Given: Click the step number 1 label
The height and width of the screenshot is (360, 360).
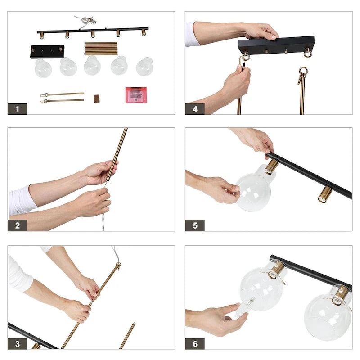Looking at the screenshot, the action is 17,109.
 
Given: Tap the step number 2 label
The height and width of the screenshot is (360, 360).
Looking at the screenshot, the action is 17,225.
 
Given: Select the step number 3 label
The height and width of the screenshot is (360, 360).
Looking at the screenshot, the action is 17,344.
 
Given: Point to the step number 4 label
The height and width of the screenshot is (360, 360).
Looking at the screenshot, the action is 195,109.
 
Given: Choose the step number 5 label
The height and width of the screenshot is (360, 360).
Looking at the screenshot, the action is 195,225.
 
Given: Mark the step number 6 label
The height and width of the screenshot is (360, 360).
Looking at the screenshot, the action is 195,344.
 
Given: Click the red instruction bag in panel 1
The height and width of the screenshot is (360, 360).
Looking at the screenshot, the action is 136,95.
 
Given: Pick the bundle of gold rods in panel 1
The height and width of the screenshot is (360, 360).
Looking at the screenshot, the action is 101,49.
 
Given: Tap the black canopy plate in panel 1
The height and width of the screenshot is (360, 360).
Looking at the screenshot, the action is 47,52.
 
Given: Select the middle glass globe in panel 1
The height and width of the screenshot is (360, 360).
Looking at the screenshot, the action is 92,65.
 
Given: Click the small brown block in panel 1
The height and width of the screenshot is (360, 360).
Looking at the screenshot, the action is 97,99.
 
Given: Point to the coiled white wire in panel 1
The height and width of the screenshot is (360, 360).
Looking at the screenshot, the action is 86,21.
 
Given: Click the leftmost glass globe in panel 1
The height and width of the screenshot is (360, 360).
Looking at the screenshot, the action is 43,68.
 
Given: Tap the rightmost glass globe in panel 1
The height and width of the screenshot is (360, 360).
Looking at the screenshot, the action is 144,67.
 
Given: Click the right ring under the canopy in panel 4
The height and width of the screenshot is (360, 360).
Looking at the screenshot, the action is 308,53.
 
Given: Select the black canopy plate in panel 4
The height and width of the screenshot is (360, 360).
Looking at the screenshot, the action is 276,45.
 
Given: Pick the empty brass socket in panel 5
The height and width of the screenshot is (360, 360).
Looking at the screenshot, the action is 324,194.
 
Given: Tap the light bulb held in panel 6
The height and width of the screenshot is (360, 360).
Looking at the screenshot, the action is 245,307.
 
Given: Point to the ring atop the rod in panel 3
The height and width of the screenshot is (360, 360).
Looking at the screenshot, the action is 118,265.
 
